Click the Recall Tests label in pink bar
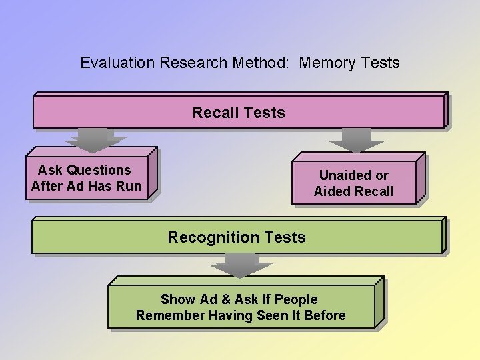[x=238, y=113]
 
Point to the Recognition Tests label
[x=237, y=237]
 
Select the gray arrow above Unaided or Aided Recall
[x=357, y=139]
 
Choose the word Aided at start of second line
[x=331, y=191]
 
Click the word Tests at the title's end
[x=379, y=63]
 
